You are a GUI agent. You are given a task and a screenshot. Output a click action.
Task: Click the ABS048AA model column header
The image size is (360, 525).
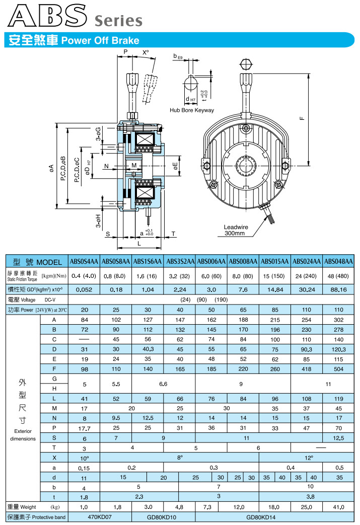(x=338, y=261)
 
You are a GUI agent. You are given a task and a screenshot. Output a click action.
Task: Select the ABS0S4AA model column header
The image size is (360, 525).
(x=84, y=261)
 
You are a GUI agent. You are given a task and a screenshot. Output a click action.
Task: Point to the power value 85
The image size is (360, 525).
(x=275, y=310)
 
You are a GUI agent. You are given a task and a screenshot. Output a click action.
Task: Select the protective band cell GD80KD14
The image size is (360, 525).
(x=260, y=517)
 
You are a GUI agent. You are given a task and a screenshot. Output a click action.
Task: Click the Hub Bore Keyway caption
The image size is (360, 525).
(x=192, y=110)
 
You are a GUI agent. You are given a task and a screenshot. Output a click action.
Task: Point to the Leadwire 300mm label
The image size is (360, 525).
(x=234, y=230)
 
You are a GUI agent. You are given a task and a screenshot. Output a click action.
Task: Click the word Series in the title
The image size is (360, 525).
(x=118, y=21)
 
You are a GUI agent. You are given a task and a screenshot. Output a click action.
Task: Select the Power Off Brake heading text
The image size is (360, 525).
(x=100, y=41)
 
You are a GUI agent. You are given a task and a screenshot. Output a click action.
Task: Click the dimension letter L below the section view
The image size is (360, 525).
(x=139, y=243)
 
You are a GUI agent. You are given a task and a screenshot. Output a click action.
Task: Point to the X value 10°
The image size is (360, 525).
(x=84, y=458)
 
